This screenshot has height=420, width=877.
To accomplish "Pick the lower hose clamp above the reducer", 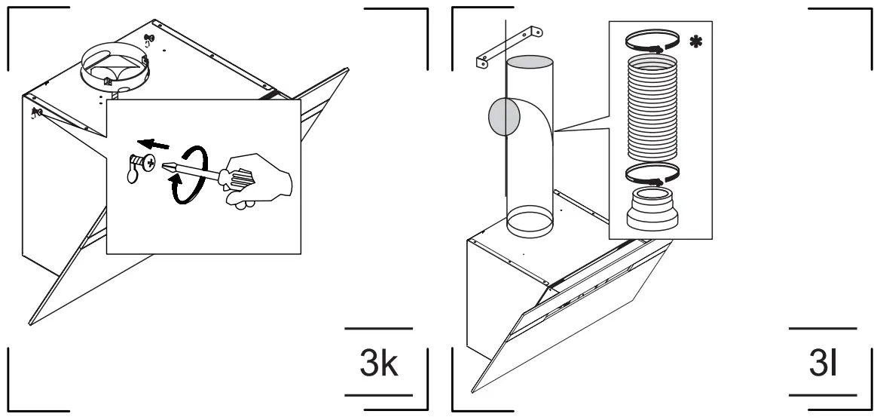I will (x=652, y=174).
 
